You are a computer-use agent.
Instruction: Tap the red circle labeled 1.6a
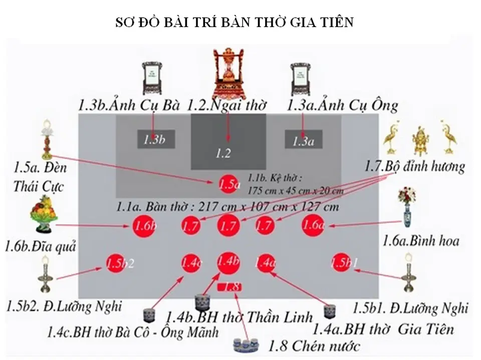pyautogui.click(x=314, y=226)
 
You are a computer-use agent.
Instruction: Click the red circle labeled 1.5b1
pyautogui.click(x=344, y=263)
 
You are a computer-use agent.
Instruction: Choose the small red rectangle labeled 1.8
pyautogui.click(x=229, y=287)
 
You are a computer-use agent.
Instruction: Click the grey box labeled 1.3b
pyautogui.click(x=156, y=140)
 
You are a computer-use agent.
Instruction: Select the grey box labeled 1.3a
pyautogui.click(x=304, y=140)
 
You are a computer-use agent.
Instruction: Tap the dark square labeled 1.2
pyautogui.click(x=228, y=142)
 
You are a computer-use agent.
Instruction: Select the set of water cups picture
pyautogui.click(x=246, y=345)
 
